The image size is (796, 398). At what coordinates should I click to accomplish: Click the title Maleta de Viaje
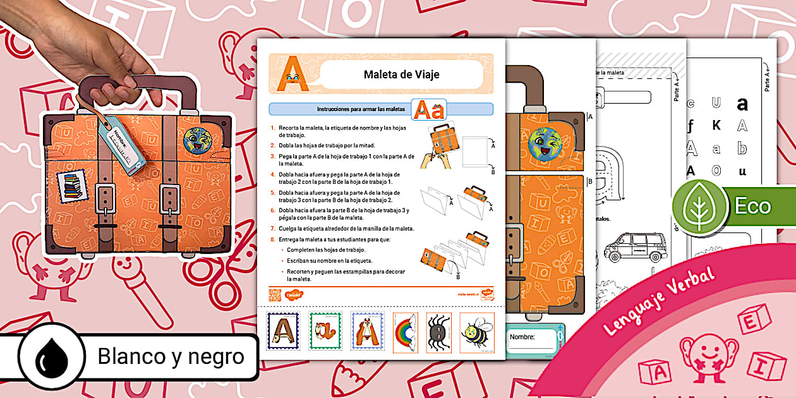click(401, 75)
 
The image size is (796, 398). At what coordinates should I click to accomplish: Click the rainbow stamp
click(406, 332)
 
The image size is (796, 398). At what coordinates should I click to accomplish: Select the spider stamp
click(438, 332)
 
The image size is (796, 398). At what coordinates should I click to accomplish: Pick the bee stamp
click(477, 332)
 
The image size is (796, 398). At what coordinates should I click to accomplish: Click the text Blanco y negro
click(171, 357)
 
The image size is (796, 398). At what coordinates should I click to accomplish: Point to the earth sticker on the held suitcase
click(197, 142)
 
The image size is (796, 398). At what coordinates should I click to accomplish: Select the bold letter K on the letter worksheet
click(716, 126)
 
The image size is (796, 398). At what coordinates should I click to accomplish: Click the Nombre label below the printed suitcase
click(522, 337)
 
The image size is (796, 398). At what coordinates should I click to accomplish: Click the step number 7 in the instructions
click(273, 228)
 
